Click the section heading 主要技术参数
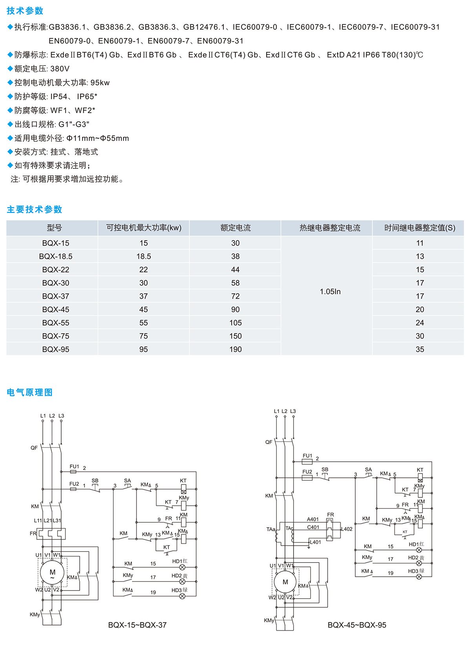coord(35,209)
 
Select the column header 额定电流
coord(235,228)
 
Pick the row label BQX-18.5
coord(56,256)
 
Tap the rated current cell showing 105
coord(235,323)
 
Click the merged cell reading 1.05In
coord(330,291)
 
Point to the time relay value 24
coord(420,323)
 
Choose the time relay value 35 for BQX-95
coord(420,349)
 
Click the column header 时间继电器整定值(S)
coord(420,228)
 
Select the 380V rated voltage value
coord(60,69)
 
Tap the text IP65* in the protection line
coord(87,97)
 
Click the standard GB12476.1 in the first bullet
coord(204,27)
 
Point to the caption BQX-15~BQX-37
coord(137,625)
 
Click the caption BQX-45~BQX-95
coord(357,625)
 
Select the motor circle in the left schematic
coord(52,572)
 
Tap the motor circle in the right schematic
coord(285,582)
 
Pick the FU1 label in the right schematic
coord(307,455)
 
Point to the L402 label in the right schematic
coord(347,529)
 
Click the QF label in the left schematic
coord(34,448)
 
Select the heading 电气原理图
coord(29,392)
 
